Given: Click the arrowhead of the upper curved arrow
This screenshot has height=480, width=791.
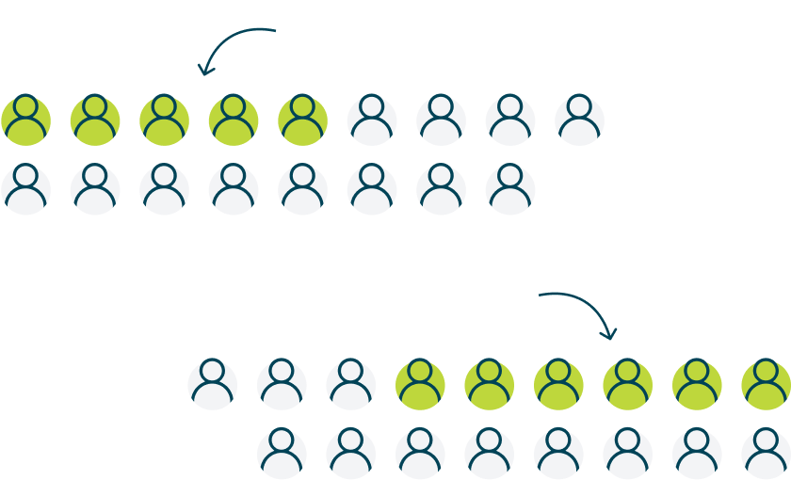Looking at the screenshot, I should (202, 72).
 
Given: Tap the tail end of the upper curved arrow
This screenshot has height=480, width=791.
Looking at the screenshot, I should (274, 30).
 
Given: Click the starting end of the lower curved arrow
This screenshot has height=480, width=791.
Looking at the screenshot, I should (541, 296).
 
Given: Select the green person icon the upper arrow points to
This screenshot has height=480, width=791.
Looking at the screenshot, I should (234, 120).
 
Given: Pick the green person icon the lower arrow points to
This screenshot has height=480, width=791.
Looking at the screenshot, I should (627, 385).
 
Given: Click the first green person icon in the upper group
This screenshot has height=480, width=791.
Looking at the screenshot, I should (25, 120).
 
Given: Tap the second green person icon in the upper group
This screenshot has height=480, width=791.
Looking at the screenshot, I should (95, 120).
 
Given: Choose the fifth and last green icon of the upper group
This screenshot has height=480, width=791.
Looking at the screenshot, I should (302, 120).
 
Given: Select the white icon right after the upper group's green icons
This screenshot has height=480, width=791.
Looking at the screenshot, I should (372, 120).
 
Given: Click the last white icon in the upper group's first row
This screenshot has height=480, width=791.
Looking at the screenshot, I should (579, 120).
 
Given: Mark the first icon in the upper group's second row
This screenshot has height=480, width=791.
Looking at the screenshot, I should (25, 189).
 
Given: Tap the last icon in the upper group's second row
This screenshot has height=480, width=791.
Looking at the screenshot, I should (510, 189).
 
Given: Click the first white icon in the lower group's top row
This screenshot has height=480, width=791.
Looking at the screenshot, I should (213, 385).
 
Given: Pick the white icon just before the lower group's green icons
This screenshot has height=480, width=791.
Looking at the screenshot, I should (351, 385).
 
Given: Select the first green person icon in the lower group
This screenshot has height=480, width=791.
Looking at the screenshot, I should (420, 385).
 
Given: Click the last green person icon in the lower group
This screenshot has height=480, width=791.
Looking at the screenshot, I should (766, 385).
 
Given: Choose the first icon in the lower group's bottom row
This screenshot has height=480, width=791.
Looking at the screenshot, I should (282, 453).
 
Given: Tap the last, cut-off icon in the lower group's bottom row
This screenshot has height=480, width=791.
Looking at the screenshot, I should (766, 453).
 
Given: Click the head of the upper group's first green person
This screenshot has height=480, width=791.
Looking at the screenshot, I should (25, 106).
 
